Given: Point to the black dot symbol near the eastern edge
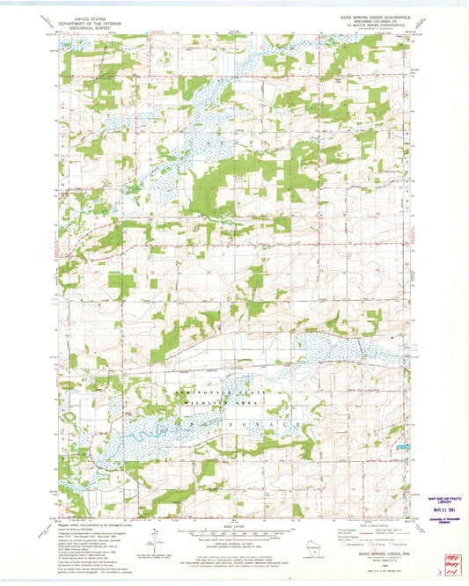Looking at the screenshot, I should point(392,337).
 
